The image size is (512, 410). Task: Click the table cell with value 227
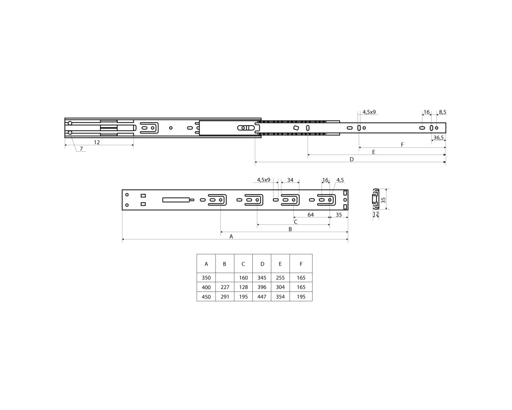225,287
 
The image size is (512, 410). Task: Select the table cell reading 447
262,297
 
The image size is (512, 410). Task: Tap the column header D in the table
262,264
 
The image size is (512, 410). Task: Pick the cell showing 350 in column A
206,278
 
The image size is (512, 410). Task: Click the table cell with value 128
243,287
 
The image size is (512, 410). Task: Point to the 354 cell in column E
280,297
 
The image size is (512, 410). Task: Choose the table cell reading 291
225,297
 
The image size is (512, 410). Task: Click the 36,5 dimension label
438,138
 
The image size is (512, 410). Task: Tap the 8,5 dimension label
442,112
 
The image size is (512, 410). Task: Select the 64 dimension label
310,215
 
